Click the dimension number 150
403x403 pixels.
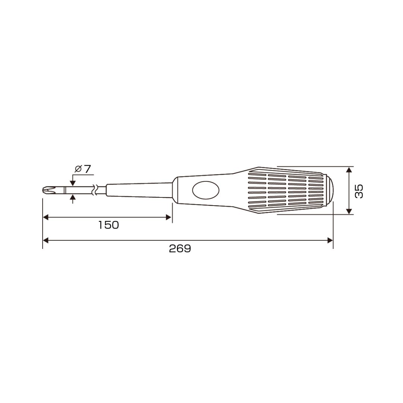tap(109, 225)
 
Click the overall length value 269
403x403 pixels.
tap(180, 249)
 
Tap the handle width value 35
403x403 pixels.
tap(359, 191)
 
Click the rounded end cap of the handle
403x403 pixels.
tap(329, 190)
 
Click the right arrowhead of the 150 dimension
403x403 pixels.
tap(169, 218)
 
